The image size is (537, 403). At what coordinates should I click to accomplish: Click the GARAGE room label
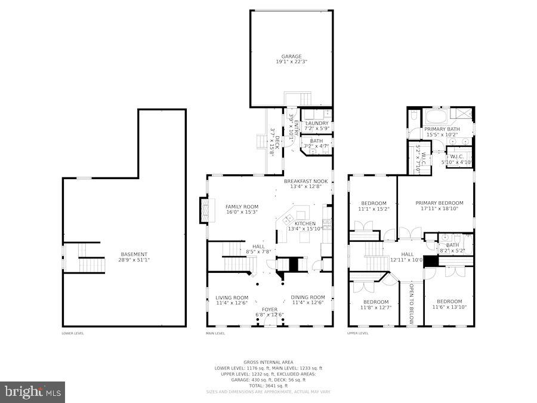[x=291, y=57]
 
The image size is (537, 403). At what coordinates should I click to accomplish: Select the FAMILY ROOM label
[x=242, y=207]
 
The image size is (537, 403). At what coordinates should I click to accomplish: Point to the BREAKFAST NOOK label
[x=305, y=181]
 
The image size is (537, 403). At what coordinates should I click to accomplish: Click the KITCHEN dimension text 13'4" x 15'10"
[x=305, y=229]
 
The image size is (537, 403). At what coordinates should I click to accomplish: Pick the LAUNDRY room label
[x=317, y=123]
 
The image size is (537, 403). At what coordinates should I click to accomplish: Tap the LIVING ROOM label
[x=232, y=297]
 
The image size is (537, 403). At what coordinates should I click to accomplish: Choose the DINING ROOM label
[x=308, y=297]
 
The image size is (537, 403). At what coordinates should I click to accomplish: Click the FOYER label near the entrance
[x=270, y=309]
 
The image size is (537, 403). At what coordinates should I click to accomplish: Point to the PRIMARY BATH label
[x=442, y=129]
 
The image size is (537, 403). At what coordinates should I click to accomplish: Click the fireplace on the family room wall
[x=205, y=210]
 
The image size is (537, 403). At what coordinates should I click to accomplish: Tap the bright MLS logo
[x=33, y=392]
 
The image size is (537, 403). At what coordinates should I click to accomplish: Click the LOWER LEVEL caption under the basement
[x=73, y=333]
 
